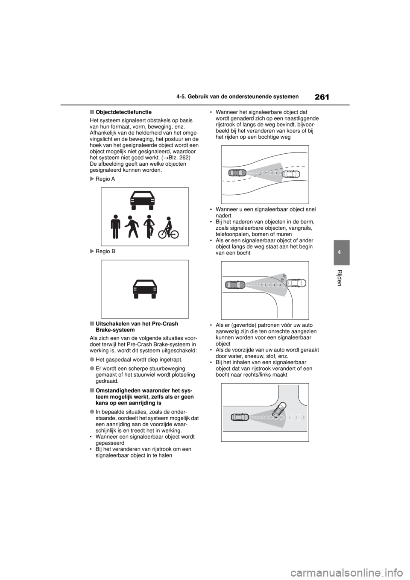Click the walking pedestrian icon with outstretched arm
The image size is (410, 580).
point(131,227)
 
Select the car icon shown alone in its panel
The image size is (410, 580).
point(145,289)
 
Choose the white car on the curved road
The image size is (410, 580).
point(291,174)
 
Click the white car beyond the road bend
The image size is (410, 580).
point(296,283)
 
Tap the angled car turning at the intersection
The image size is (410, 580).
point(280,410)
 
